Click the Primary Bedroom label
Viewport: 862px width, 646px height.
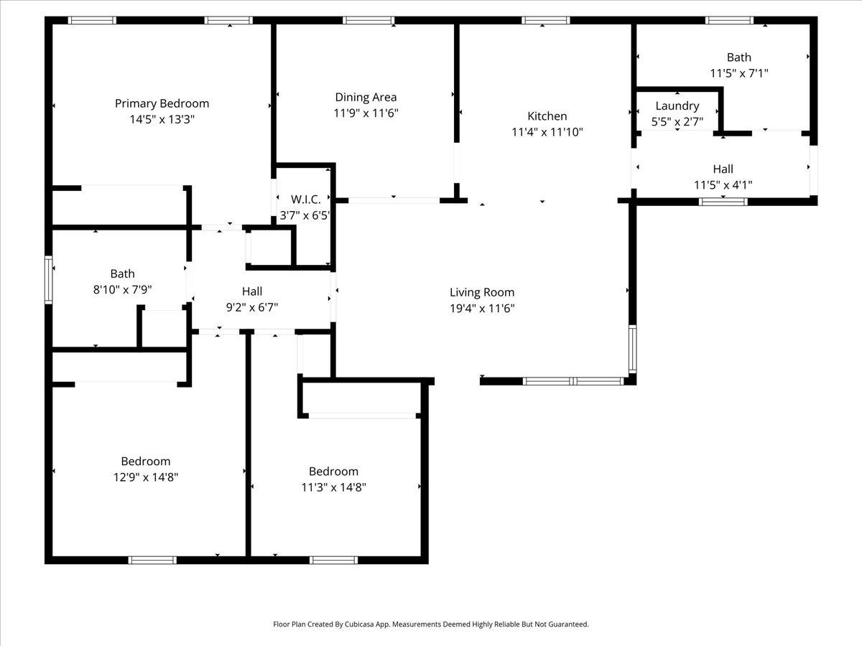click(x=162, y=103)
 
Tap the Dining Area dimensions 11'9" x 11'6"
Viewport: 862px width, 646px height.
click(x=366, y=113)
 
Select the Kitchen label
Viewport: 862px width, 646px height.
click(x=547, y=116)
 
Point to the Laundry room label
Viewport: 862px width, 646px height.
click(x=677, y=106)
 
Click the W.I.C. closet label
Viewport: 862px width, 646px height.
click(x=305, y=200)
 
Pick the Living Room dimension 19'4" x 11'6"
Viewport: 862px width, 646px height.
click(x=482, y=309)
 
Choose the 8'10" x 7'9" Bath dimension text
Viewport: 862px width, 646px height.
click(x=123, y=290)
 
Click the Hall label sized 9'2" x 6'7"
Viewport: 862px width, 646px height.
click(x=252, y=291)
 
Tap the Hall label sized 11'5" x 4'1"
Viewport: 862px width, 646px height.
click(x=723, y=169)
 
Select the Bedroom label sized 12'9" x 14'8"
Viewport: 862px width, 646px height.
click(x=146, y=462)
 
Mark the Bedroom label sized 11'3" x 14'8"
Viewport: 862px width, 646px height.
click(x=333, y=472)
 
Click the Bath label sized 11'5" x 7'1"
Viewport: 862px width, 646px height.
click(x=738, y=57)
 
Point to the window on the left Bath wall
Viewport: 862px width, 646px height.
click(x=48, y=280)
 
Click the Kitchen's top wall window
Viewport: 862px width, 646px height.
click(x=545, y=20)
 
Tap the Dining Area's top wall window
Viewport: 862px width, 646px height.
click(x=369, y=20)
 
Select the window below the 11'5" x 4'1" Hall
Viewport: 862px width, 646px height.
click(x=723, y=202)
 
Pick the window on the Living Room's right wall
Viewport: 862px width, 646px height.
click(x=632, y=349)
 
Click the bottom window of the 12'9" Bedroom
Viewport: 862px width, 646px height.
click(x=152, y=560)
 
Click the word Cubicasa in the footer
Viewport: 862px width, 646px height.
click(x=360, y=624)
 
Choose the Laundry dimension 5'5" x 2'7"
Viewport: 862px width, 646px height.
click(x=677, y=122)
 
